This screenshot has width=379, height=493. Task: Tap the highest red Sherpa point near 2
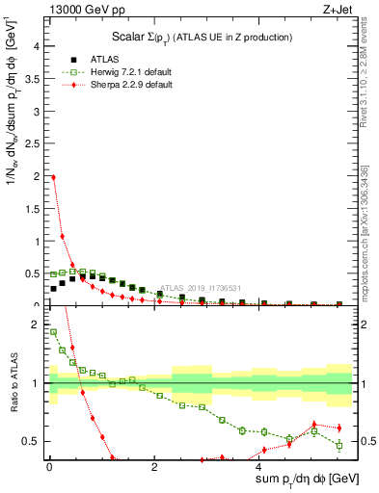click(x=53, y=177)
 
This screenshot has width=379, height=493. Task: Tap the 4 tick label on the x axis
click(x=258, y=467)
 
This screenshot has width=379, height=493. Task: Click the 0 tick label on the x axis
click(x=49, y=467)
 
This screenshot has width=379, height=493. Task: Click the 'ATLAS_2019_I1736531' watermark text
click(x=203, y=287)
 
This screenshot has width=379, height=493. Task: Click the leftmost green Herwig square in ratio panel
click(x=53, y=332)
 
